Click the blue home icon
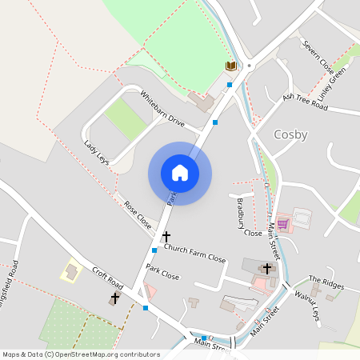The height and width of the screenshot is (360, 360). pos(180,173)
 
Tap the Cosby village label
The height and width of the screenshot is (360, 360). pos(290,134)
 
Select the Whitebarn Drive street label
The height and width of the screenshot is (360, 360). pos(162,110)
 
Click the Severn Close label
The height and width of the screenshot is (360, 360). pos(317,54)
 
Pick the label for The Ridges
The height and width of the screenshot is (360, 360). pos(326,282)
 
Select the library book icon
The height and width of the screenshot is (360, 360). pos(231,66)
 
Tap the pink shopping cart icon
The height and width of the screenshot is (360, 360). pos(282,224)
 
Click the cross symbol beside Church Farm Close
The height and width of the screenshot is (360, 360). pos(166,237)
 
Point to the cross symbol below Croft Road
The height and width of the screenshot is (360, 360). pos(114,298)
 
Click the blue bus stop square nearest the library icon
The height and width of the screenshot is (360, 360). pos(230,84)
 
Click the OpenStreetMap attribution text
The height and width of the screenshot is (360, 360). pos(81,354)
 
